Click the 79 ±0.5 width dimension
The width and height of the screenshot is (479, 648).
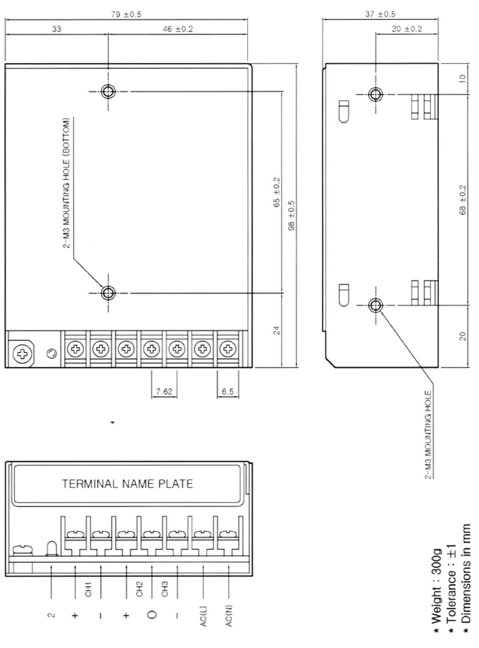pyautogui.click(x=126, y=14)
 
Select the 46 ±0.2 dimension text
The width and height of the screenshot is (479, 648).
pyautogui.click(x=178, y=29)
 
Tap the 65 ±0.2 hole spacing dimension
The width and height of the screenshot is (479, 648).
pyautogui.click(x=277, y=192)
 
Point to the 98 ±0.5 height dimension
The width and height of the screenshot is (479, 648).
pyautogui.click(x=291, y=216)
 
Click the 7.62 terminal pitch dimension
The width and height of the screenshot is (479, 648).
pyautogui.click(x=164, y=391)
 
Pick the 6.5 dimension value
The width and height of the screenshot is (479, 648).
pyautogui.click(x=228, y=391)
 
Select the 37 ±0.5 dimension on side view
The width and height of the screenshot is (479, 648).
pyautogui.click(x=380, y=14)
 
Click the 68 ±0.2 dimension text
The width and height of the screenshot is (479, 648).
pyautogui.click(x=463, y=200)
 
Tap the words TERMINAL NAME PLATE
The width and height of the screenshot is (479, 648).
pyautogui.click(x=127, y=484)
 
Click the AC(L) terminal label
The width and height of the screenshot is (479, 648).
pyautogui.click(x=203, y=617)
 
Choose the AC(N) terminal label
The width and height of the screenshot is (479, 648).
pyautogui.click(x=230, y=616)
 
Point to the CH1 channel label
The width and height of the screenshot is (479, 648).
pyautogui.click(x=88, y=590)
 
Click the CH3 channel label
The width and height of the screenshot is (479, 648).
pyautogui.click(x=165, y=589)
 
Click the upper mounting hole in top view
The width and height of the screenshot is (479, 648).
pyautogui.click(x=108, y=91)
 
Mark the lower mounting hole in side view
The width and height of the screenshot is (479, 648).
pyautogui.click(x=375, y=305)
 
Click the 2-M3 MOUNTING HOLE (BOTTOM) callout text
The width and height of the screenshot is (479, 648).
pyautogui.click(x=67, y=183)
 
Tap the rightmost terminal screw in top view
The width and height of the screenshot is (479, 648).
pyautogui.click(x=227, y=349)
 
